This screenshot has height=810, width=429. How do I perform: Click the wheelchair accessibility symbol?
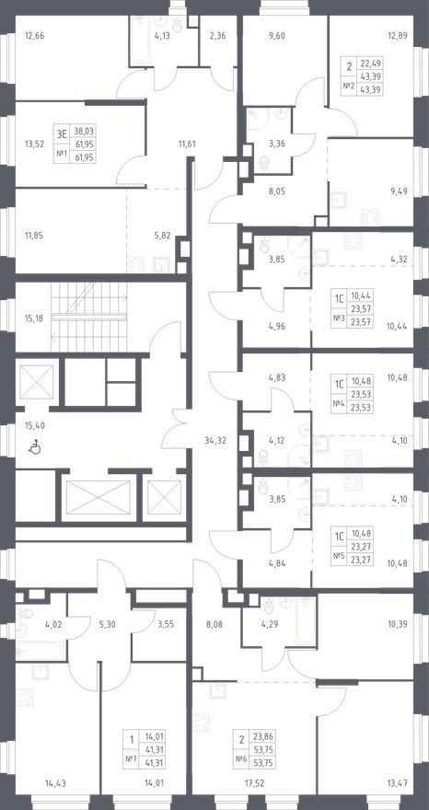pos(35,448)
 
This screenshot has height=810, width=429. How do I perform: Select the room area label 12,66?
pos(34,37)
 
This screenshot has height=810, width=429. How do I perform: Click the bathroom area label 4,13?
pos(162,37)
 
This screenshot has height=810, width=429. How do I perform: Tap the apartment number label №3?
pos(338,318)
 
